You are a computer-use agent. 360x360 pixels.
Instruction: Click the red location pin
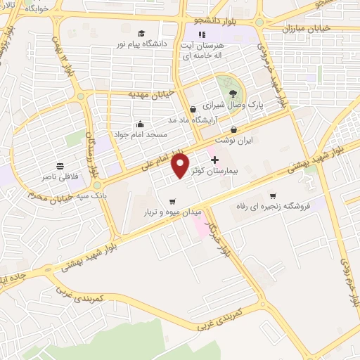pos(181,165)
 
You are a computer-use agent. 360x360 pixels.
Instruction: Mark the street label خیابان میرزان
pos(305,29)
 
